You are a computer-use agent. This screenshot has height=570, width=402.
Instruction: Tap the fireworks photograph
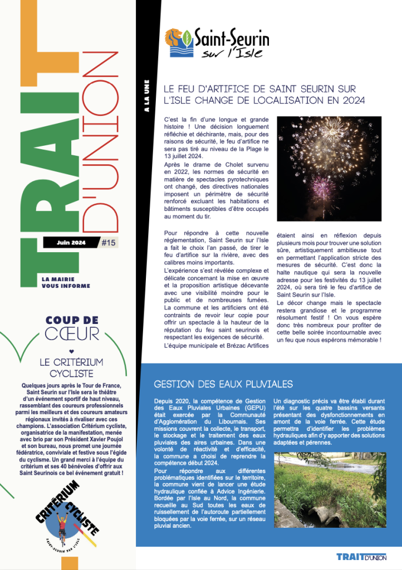(329, 169)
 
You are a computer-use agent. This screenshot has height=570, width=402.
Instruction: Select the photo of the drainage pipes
(330, 490)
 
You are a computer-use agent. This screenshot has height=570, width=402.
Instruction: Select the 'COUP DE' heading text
(72, 320)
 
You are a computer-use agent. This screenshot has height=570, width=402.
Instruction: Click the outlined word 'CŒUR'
(72, 334)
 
